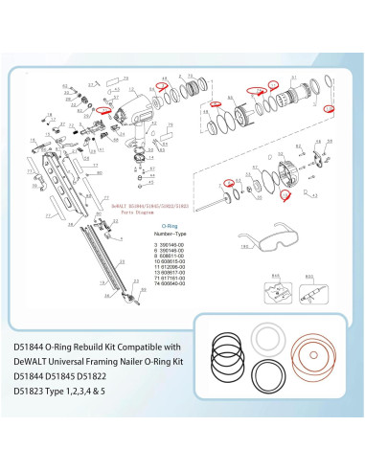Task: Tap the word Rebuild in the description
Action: point(103,347)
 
